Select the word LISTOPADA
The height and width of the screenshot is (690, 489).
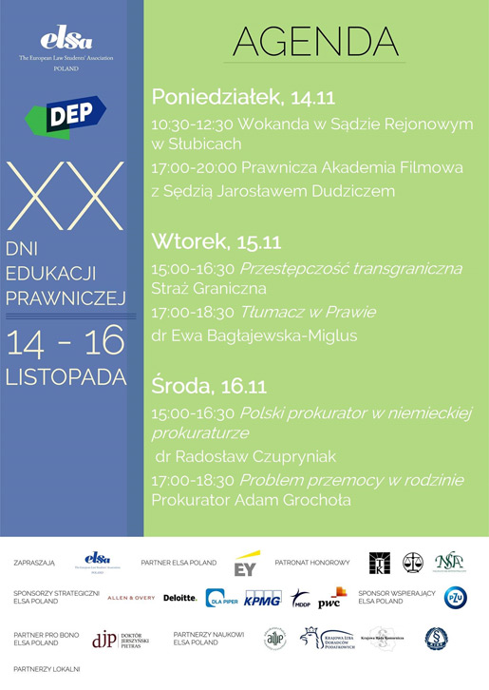tap(66, 374)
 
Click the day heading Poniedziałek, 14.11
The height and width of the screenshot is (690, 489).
tap(243, 96)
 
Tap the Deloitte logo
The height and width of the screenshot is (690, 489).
tap(179, 598)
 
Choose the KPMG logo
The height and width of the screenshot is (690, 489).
tap(262, 598)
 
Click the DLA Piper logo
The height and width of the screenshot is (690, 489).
tap(221, 598)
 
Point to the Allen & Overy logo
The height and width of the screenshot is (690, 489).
tap(130, 598)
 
